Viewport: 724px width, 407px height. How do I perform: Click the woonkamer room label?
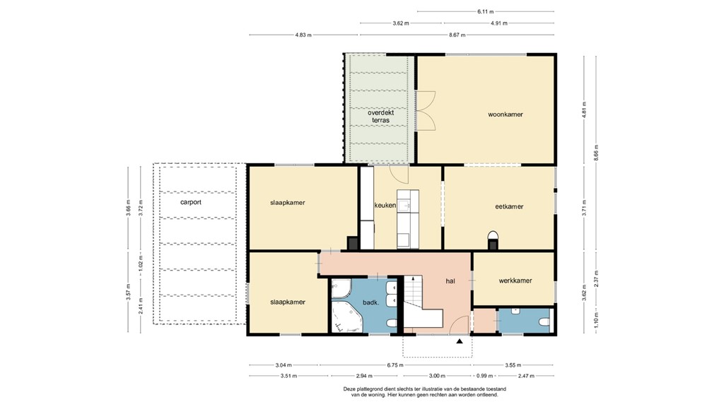[505, 114]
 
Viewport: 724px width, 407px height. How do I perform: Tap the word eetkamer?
[509, 206]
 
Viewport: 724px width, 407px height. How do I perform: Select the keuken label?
[385, 206]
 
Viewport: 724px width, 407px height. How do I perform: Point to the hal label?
[450, 280]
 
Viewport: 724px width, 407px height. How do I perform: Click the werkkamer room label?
[515, 281]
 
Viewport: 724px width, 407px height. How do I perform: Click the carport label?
[191, 202]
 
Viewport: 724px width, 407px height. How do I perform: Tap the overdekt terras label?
[380, 117]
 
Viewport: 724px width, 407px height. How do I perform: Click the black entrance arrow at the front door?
[460, 341]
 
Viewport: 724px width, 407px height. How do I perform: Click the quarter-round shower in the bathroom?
[341, 288]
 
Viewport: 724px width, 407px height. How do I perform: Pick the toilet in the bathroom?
[391, 324]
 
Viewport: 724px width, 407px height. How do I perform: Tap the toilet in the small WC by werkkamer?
[543, 322]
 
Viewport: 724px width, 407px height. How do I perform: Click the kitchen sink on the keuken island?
[404, 206]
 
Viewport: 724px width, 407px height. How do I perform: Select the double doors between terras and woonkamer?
[425, 111]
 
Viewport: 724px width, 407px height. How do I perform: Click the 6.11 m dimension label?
[485, 11]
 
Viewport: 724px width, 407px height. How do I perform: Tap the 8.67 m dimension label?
[457, 34]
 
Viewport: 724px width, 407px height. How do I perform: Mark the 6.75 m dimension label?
[395, 365]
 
